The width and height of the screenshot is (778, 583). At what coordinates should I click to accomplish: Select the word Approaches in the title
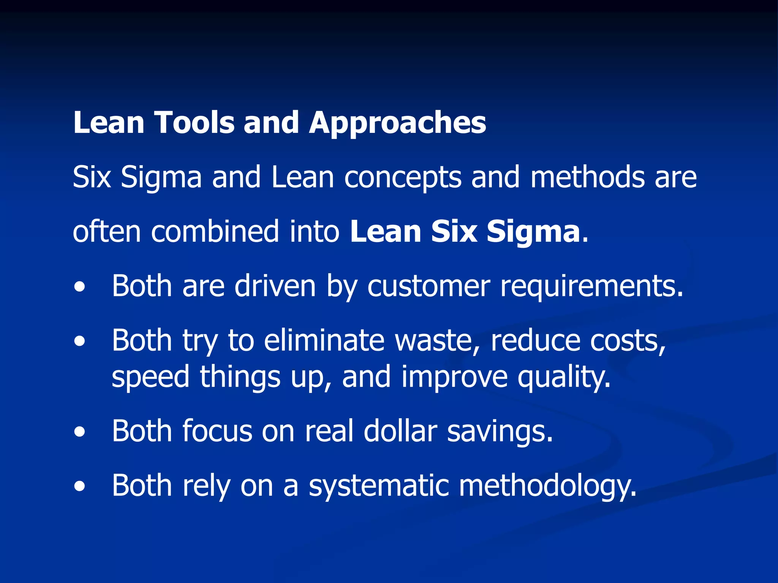(x=397, y=123)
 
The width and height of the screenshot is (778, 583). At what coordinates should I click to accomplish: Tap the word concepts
(x=403, y=178)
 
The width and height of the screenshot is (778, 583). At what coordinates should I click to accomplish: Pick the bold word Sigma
(x=533, y=232)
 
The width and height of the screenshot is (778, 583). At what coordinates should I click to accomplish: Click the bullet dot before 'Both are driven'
(x=80, y=287)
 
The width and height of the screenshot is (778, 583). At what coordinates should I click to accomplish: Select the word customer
(x=429, y=286)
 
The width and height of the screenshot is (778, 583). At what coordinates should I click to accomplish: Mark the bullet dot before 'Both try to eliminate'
(x=80, y=341)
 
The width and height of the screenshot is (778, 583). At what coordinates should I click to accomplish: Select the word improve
(x=454, y=377)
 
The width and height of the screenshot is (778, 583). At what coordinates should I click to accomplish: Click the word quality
(x=564, y=377)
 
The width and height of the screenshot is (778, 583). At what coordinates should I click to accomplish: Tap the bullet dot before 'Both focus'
(x=80, y=432)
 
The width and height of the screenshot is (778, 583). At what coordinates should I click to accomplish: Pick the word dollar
(x=400, y=431)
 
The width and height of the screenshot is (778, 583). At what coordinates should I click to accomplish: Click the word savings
(x=500, y=432)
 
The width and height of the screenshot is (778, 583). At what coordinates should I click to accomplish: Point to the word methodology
(x=547, y=486)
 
